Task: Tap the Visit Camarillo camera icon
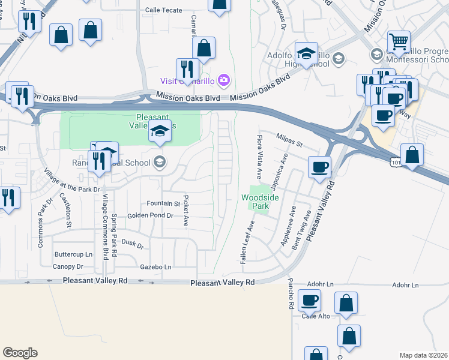click(x=224, y=80)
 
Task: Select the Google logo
click(x=20, y=353)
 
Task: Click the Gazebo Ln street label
click(x=155, y=266)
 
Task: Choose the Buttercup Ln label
click(x=73, y=254)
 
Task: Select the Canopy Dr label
click(x=68, y=266)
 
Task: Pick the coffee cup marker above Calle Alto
click(x=309, y=300)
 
